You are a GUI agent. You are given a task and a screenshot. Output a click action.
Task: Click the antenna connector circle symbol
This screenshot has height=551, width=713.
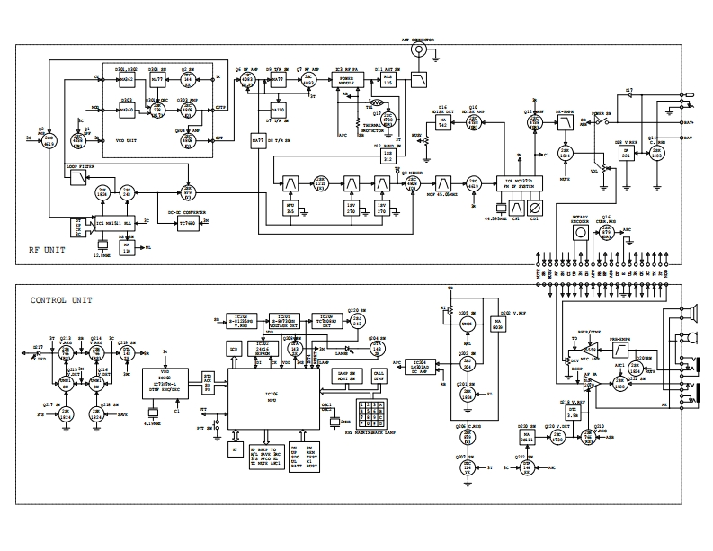pos(417,51)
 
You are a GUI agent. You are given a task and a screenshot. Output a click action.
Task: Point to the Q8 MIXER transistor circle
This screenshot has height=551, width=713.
pos(414,181)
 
